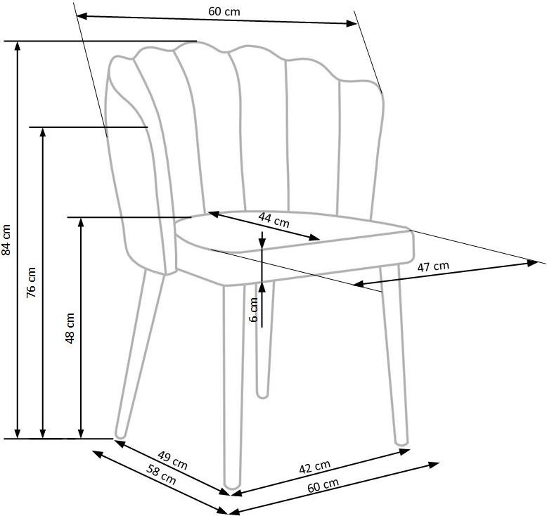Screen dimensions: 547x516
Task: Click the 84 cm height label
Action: tap(6, 239)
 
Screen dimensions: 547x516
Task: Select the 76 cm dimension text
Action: tap(31, 282)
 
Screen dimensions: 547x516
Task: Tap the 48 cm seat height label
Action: tap(70, 328)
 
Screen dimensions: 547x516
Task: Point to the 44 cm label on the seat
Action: tap(273, 219)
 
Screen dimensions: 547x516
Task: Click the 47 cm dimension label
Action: tap(433, 266)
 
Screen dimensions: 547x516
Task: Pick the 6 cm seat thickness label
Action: tap(254, 309)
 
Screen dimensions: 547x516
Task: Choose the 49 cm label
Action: tap(173, 460)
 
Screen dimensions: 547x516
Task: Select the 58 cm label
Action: tap(161, 475)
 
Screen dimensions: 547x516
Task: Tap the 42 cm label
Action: tap(315, 467)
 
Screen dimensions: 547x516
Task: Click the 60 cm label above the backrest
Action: tap(224, 11)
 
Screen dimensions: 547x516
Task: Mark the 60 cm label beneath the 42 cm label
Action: tap(323, 485)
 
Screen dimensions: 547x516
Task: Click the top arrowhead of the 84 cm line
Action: tap(17, 46)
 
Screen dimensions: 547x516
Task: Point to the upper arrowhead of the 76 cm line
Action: tap(43, 133)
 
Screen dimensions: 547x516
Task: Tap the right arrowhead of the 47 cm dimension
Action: tap(533, 263)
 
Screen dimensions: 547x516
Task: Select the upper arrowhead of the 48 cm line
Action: tap(81, 223)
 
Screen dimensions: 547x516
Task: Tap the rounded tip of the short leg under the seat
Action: tap(262, 395)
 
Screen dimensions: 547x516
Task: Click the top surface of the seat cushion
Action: tap(292, 231)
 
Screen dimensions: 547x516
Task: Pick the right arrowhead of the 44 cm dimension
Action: tap(315, 238)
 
